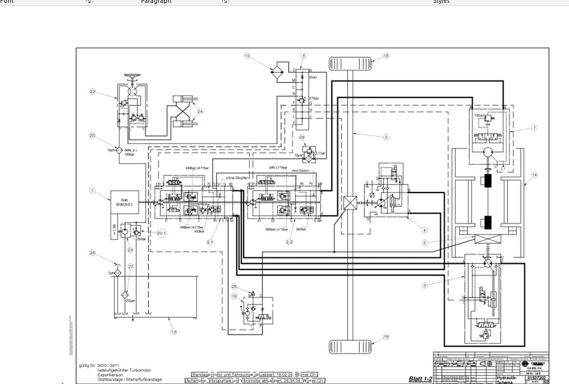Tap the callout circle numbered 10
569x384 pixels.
[x=247, y=56]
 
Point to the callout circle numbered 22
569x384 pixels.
[x=92, y=92]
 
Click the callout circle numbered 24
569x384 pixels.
[x=200, y=111]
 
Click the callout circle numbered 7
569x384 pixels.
[x=534, y=128]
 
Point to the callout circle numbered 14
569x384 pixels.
[x=534, y=175]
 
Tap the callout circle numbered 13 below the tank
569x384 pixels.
[x=174, y=332]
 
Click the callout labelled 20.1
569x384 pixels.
[x=161, y=233]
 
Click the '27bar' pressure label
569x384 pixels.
[x=313, y=99]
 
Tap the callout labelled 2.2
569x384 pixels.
[x=289, y=242]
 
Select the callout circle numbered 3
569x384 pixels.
[x=386, y=137]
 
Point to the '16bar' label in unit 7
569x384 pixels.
[x=479, y=115]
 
